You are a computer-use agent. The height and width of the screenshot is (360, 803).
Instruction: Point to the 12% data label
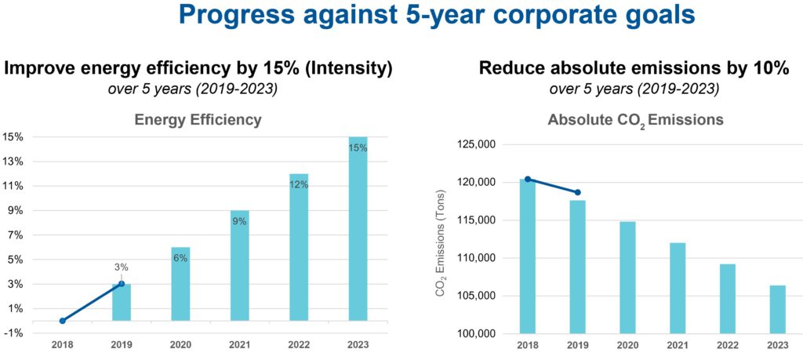[x=299, y=185]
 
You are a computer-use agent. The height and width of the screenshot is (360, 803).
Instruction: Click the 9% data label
[x=239, y=221]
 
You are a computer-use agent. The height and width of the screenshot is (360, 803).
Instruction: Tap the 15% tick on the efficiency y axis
[x=13, y=137]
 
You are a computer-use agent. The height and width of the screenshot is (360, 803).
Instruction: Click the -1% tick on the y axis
[x=13, y=333]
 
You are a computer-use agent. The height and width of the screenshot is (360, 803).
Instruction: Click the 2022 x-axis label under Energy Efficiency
[x=298, y=344]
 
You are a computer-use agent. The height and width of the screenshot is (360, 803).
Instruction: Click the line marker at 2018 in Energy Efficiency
[x=62, y=321]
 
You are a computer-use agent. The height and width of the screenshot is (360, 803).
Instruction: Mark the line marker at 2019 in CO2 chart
[x=577, y=192]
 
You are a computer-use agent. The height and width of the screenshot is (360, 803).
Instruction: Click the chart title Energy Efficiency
[x=198, y=120]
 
